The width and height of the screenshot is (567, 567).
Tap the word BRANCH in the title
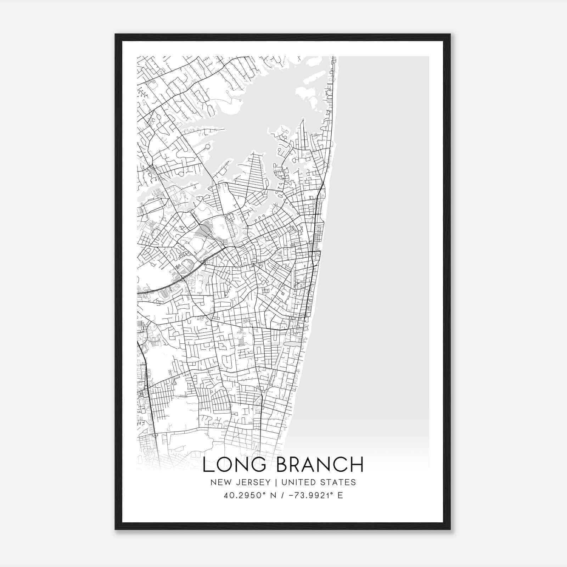point(320,465)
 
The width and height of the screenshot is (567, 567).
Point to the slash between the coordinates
point(282,495)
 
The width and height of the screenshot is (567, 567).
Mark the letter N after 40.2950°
point(273,495)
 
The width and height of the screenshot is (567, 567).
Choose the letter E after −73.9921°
point(340,495)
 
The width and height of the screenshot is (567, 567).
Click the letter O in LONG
point(224,465)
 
